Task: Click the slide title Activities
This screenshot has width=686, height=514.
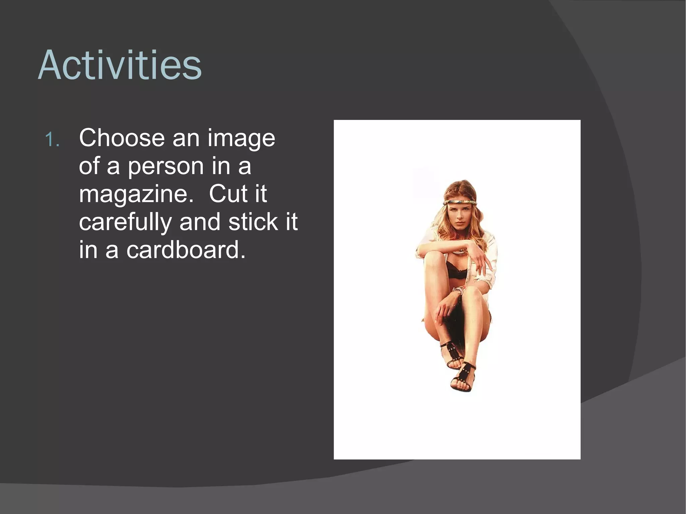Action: (120, 65)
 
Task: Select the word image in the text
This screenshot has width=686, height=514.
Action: (241, 139)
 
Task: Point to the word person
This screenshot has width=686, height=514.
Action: (165, 166)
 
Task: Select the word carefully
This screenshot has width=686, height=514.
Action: (125, 222)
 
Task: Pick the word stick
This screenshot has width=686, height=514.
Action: (253, 222)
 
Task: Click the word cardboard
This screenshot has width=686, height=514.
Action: (186, 250)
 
